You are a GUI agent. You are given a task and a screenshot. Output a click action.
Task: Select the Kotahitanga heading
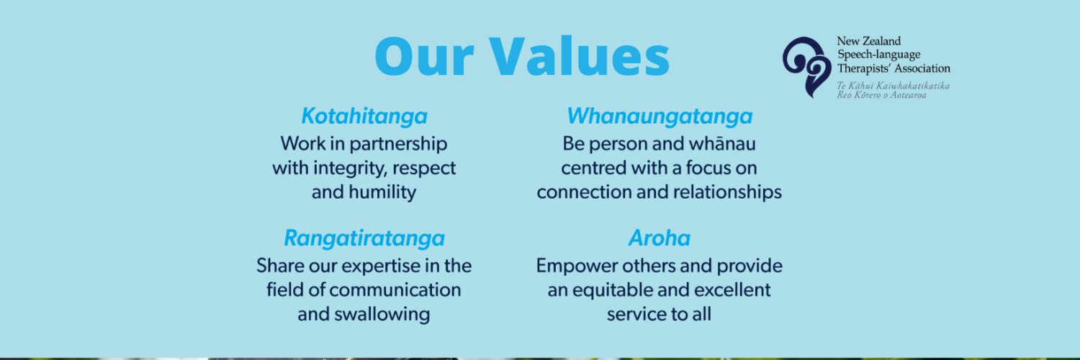364,116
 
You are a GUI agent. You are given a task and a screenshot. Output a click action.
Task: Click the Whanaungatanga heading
660,116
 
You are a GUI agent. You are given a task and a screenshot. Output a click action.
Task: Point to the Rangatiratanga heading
364,238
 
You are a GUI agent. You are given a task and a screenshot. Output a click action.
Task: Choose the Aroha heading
660,238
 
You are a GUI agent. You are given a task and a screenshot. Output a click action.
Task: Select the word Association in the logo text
924,68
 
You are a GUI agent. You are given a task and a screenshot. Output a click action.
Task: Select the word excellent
728,290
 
